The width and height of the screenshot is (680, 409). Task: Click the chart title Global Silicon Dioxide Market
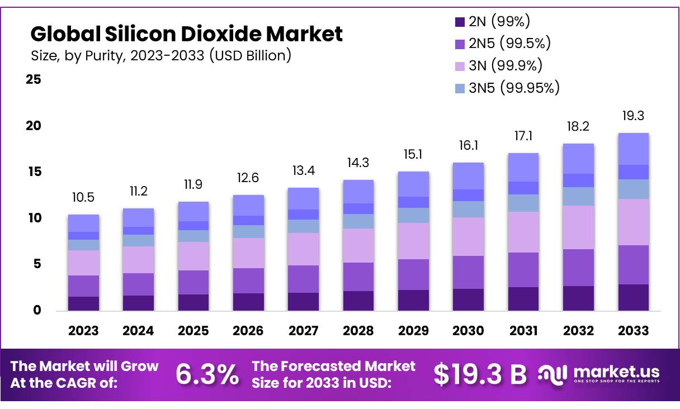point(186,34)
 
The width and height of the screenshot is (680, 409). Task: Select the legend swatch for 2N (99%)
point(460,22)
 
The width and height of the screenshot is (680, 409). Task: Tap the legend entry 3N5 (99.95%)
point(507,87)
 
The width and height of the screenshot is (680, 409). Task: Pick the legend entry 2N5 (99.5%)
point(503,44)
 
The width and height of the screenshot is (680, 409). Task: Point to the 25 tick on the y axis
point(34,79)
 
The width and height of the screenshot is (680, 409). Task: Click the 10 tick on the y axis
point(34,218)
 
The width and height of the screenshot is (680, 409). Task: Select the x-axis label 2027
point(303,331)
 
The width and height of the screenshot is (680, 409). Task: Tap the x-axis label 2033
point(634,331)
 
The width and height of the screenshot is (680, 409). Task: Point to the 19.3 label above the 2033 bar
point(634,116)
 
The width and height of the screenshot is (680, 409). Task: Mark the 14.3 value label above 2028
point(358,163)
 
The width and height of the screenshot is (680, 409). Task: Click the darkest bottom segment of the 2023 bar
point(83,303)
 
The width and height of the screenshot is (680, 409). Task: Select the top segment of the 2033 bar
point(634,149)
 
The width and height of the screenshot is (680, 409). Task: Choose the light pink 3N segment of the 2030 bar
point(468,236)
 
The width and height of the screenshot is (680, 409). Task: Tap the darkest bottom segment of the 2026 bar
point(248,302)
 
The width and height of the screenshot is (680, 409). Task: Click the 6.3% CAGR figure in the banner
point(207,374)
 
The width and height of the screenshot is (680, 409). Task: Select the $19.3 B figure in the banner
point(480,374)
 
